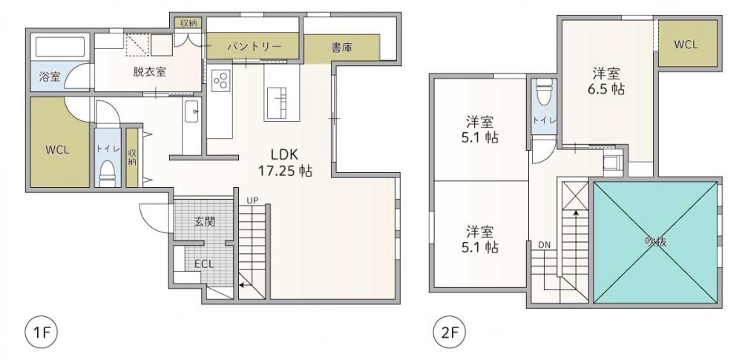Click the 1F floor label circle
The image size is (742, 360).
click(41, 332)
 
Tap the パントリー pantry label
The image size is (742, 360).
click(254, 47)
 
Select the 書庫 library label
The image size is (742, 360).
click(341, 48)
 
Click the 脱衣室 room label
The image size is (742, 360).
click(149, 73)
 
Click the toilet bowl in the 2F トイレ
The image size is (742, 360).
click(544, 92)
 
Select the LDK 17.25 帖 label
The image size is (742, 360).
click(284, 163)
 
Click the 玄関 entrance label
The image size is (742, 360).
click(205, 221)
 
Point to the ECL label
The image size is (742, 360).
click(205, 264)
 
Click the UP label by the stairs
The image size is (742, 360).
click(252, 200)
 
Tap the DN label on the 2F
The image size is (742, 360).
click(544, 245)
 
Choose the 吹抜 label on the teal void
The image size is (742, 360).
click(657, 241)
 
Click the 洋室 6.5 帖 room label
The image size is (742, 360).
click(608, 81)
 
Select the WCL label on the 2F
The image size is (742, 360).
click(686, 45)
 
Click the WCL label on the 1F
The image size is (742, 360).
click(58, 150)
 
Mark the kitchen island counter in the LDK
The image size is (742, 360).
click(281, 93)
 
